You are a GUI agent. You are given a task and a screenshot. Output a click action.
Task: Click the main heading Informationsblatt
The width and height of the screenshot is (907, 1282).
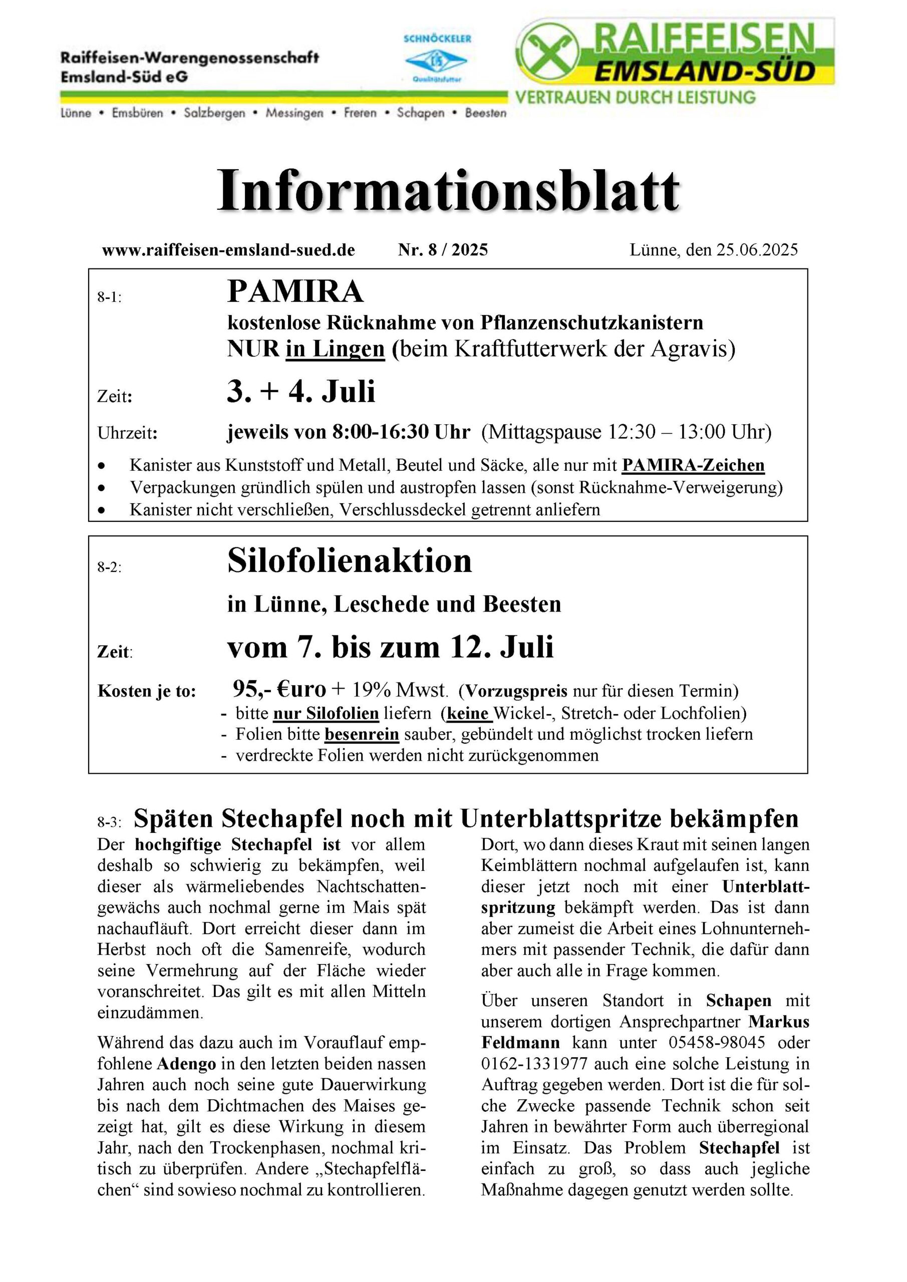(448, 191)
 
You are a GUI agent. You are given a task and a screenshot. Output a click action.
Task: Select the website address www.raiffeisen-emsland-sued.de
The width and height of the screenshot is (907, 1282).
(228, 250)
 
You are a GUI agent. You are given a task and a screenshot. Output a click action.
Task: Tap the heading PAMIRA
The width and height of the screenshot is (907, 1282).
(295, 291)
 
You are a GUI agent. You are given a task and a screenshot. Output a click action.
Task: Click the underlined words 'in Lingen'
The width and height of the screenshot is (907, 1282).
(335, 349)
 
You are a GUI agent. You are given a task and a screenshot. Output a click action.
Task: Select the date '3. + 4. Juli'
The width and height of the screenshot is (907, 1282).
(301, 392)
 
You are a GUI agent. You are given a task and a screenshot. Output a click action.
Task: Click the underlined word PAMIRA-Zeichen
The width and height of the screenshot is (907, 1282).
(693, 465)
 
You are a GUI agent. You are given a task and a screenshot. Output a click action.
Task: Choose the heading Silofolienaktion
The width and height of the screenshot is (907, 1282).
(350, 560)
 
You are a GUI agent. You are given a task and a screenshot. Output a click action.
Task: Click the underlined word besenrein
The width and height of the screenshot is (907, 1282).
(362, 734)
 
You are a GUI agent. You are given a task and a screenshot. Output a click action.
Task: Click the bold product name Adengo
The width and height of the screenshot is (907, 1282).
(186, 1064)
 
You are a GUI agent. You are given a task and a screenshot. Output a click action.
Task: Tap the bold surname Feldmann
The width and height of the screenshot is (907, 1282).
(520, 1043)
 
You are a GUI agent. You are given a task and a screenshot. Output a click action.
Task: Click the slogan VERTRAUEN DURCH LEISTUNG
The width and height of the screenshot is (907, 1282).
(635, 98)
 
